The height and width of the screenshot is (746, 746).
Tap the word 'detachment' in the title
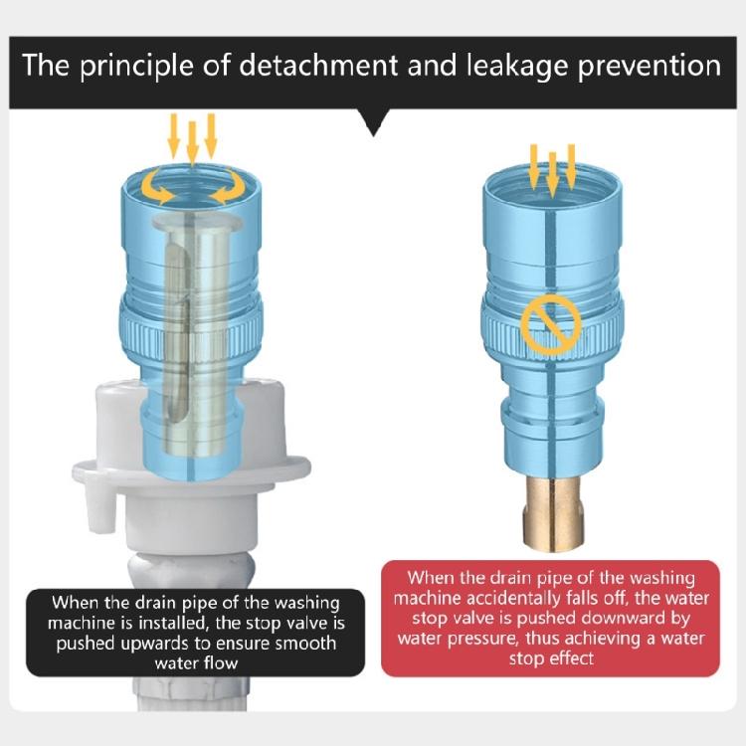point(318,66)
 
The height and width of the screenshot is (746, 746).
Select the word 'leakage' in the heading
point(517,67)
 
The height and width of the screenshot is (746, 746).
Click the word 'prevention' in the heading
point(650,67)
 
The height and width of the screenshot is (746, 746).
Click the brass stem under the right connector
point(551,514)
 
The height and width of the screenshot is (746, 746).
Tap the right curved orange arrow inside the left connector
point(228,186)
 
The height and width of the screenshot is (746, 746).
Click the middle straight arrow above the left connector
point(192,143)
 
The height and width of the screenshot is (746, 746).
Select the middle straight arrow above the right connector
point(552,174)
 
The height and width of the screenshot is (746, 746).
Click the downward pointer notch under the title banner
point(373,122)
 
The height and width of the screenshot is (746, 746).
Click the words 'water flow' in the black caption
point(196,663)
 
